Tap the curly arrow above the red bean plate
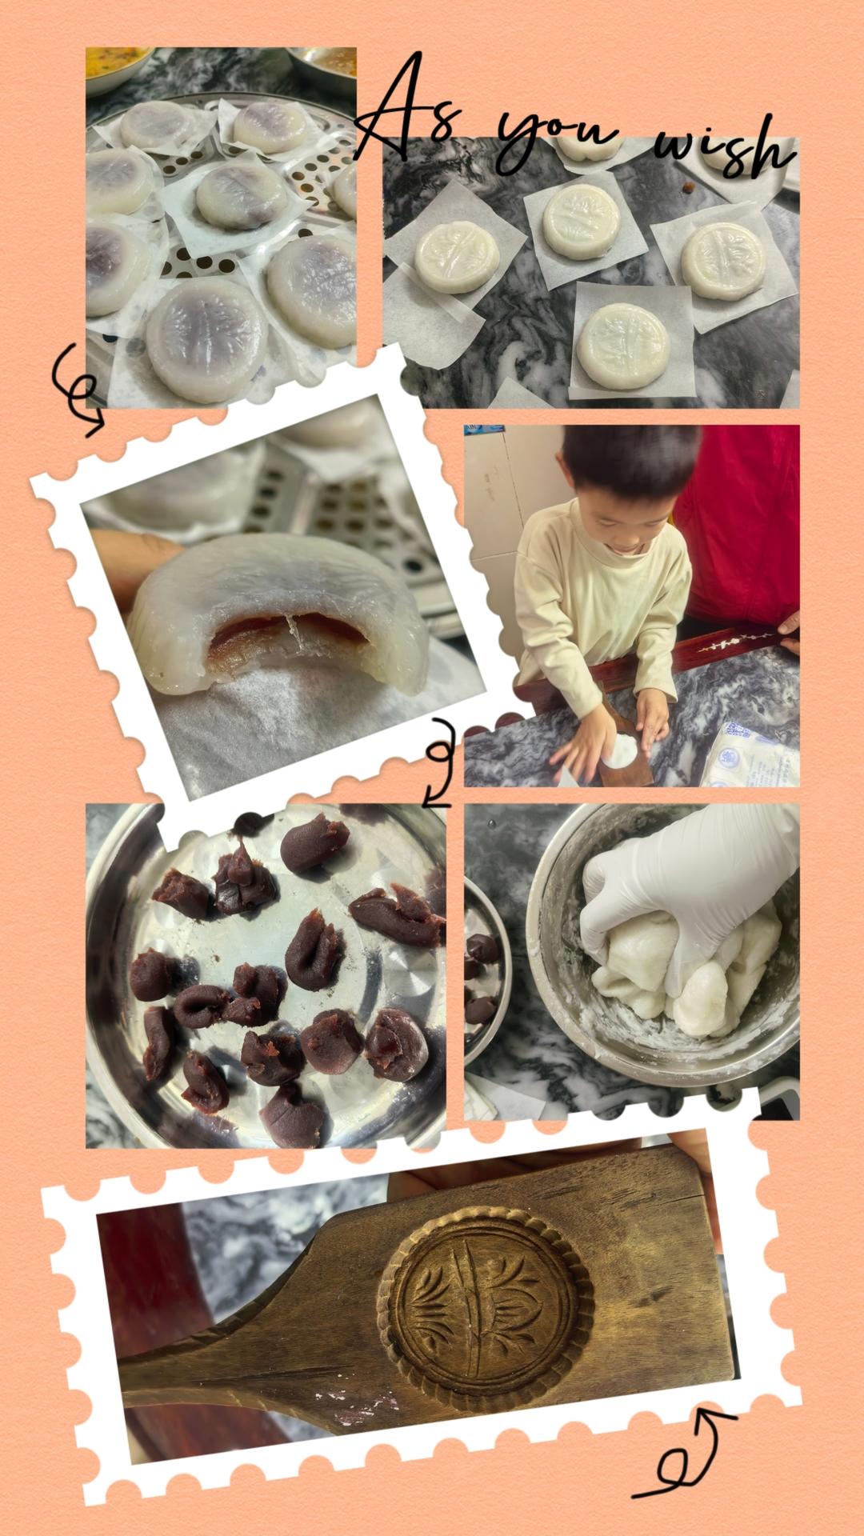pos(439,759)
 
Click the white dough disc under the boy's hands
pos(620,752)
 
